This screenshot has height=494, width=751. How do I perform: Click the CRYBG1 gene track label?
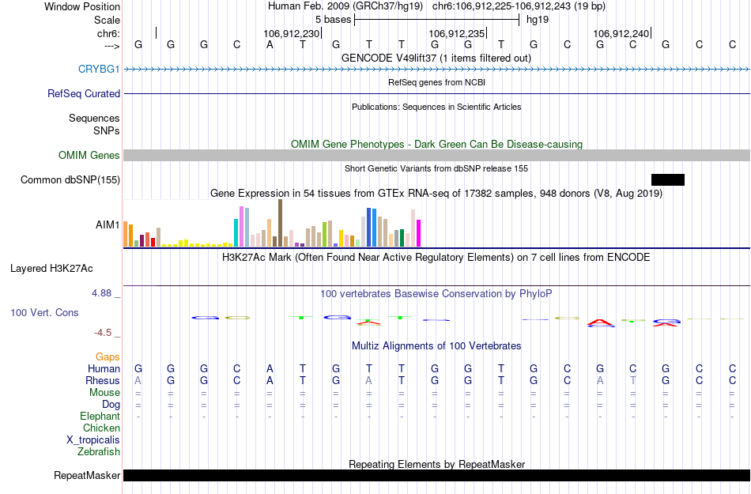pyautogui.click(x=99, y=69)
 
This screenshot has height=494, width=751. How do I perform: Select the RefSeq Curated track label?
pyautogui.click(x=84, y=93)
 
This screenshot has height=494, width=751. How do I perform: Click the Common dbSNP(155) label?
pyautogui.click(x=70, y=179)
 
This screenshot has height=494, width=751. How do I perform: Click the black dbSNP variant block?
pyautogui.click(x=667, y=179)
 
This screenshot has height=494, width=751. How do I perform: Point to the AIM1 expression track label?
pyautogui.click(x=108, y=224)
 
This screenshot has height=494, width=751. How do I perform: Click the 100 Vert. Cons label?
pyautogui.click(x=44, y=312)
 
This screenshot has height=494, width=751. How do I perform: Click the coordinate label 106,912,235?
pyautogui.click(x=456, y=33)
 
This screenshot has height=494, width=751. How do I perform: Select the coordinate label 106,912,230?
pyautogui.click(x=292, y=33)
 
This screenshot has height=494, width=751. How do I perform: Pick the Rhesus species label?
pyautogui.click(x=103, y=380)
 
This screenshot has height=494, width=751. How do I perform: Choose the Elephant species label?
pyautogui.click(x=100, y=416)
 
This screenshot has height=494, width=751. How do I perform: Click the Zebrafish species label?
pyautogui.click(x=99, y=451)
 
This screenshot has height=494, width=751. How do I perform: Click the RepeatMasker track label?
pyautogui.click(x=87, y=475)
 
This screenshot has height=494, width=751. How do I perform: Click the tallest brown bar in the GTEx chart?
pyautogui.click(x=280, y=224)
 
